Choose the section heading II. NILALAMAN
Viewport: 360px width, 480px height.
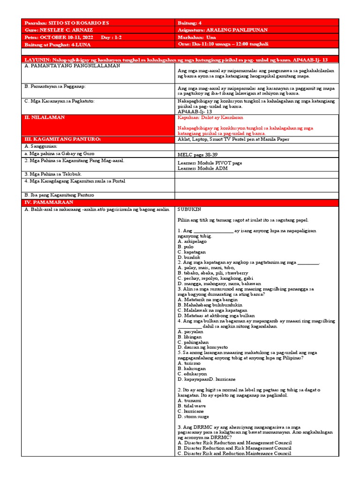point(45,118)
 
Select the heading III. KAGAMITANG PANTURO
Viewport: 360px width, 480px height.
point(62,139)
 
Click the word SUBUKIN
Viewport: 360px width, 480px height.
point(190,210)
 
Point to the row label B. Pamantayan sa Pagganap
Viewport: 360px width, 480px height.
point(54,87)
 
